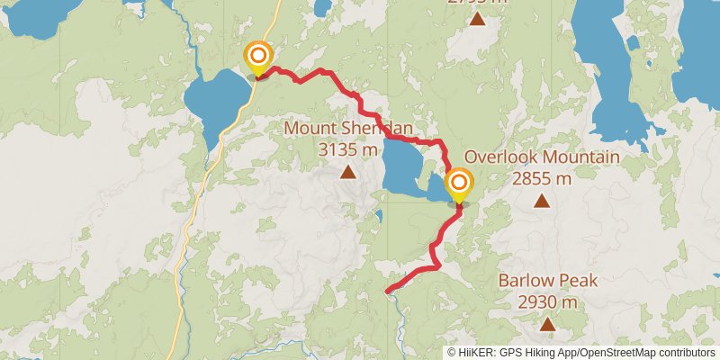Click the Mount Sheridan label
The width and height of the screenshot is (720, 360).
tap(348, 129)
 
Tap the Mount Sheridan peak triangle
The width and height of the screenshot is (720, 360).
tap(347, 170)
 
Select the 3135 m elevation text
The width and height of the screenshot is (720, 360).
tap(347, 149)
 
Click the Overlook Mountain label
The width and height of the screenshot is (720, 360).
tap(541, 158)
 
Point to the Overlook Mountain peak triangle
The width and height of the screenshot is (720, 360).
tap(541, 201)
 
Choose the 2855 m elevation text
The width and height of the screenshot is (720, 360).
tap(541, 178)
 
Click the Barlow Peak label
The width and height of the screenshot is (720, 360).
tap(547, 281)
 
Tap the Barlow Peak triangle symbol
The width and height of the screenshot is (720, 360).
tap(547, 323)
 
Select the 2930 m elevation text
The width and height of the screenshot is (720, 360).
tap(547, 301)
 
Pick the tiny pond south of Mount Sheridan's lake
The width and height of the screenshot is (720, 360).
tap(380, 216)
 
